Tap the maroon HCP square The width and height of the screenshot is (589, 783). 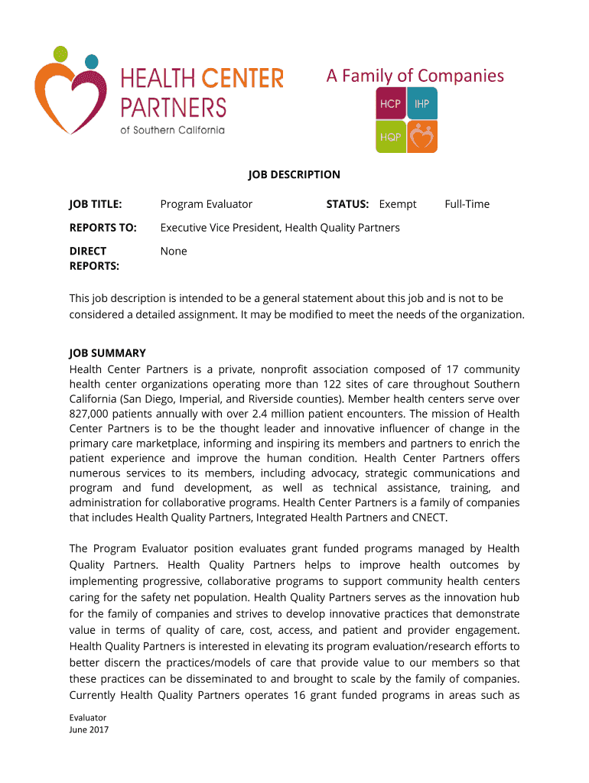click(x=390, y=104)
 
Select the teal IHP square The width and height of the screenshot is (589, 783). click(x=422, y=104)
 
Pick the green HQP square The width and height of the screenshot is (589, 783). click(x=390, y=137)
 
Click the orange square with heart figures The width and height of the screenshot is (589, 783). click(x=422, y=137)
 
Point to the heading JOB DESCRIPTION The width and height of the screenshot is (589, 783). click(x=294, y=174)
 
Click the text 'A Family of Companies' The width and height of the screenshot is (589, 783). click(x=415, y=76)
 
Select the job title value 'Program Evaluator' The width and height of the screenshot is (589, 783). click(x=206, y=204)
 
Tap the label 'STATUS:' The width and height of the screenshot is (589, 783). click(x=347, y=204)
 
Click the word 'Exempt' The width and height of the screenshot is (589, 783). click(x=398, y=204)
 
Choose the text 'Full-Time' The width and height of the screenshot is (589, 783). click(x=467, y=204)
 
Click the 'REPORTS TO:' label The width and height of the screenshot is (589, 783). click(x=103, y=228)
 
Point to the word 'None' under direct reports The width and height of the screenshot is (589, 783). click(x=174, y=251)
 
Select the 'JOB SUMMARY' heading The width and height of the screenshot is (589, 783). click(x=107, y=353)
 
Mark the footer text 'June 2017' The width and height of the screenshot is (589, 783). click(x=89, y=729)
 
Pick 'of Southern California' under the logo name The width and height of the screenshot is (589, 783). click(x=173, y=130)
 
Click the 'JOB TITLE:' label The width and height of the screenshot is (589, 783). click(x=96, y=204)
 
